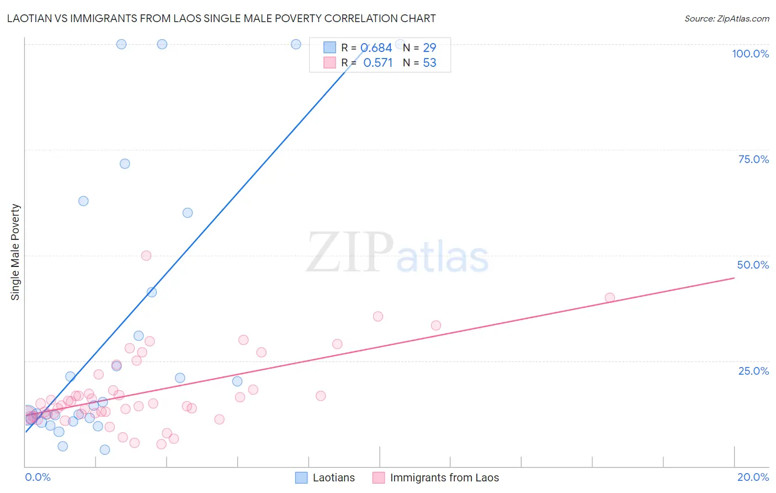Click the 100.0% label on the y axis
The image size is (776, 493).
[x=750, y=54]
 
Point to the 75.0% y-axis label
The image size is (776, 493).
[x=753, y=159]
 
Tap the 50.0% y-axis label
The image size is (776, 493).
[x=753, y=265]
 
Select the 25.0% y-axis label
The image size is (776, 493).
[x=753, y=371]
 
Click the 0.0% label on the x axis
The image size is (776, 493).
[x=38, y=477]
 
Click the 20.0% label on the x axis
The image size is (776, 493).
[x=753, y=477]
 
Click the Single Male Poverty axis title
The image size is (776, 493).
[x=15, y=252]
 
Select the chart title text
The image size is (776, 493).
[x=221, y=18]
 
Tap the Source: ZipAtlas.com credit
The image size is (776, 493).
[x=726, y=18]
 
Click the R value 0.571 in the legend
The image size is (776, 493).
[x=378, y=63]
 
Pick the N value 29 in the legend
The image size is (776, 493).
[x=429, y=48]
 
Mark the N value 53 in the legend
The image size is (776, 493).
[x=429, y=63]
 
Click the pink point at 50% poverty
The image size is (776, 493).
[x=146, y=255]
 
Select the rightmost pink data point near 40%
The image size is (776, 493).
[x=610, y=297]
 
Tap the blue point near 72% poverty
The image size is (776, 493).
[x=125, y=164]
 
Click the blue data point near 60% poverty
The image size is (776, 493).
[x=188, y=213]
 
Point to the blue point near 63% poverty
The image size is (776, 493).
[x=83, y=201]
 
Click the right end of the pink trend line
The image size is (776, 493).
[x=734, y=278]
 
